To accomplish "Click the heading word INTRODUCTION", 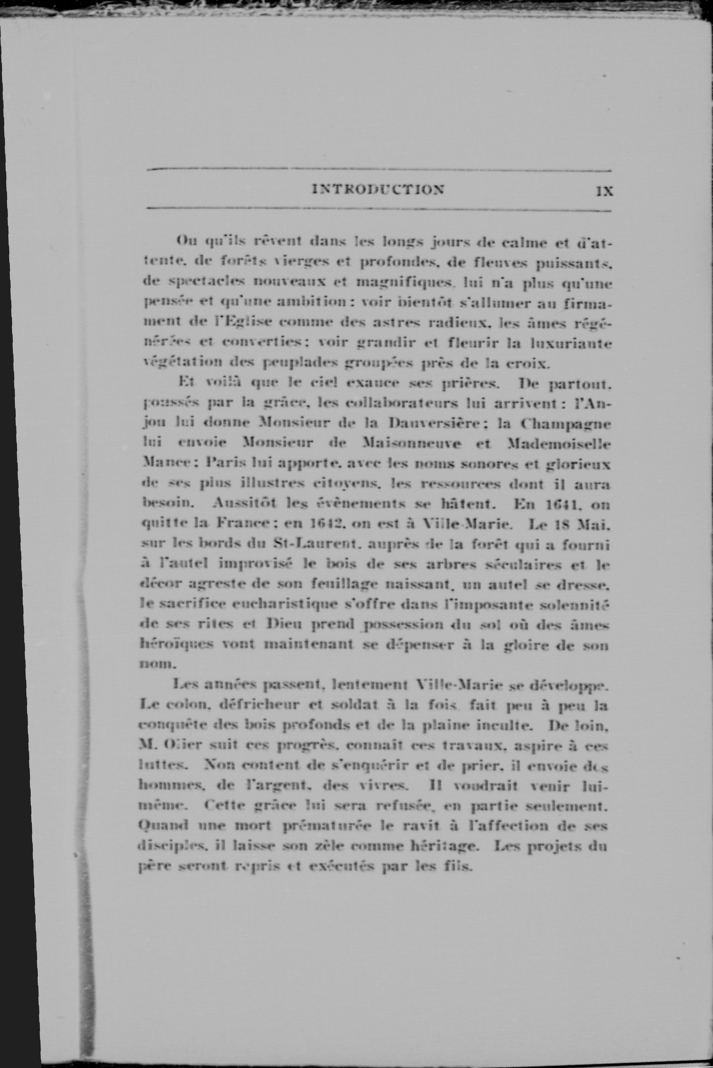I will click(378, 190).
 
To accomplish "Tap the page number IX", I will click(605, 191).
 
